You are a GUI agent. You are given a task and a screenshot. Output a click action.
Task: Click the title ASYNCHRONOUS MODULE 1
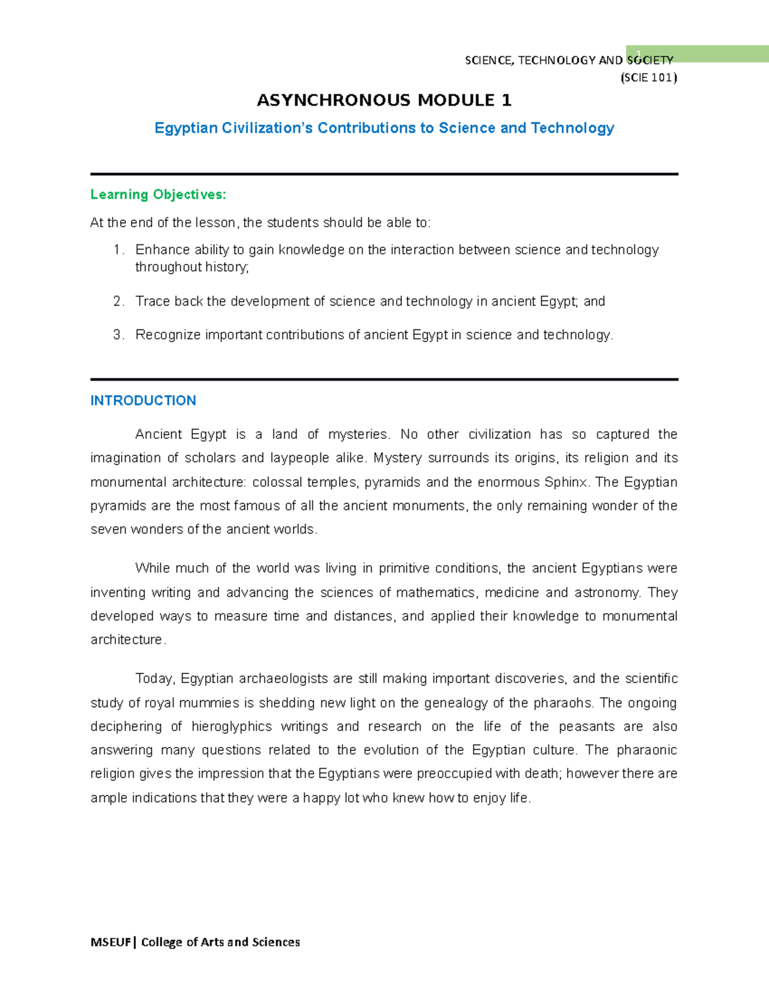coord(384,101)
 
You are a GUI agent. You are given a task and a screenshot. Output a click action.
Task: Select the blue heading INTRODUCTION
coord(143,400)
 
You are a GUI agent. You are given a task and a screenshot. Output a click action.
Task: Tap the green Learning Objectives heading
coord(158,194)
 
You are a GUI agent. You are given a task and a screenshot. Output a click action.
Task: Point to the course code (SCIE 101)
coord(648,78)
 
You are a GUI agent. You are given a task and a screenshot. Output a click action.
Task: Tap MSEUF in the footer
coord(111,942)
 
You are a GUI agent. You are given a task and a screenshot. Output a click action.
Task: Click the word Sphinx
coord(566,482)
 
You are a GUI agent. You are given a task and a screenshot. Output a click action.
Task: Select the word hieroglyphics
coord(231,727)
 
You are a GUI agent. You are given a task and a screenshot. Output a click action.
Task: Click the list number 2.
coord(117,301)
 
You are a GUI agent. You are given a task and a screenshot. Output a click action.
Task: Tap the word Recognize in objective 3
coord(168,334)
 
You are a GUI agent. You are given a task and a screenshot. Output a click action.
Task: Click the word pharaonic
coord(647,750)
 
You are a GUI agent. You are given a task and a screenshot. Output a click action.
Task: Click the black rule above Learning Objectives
coord(384,174)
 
